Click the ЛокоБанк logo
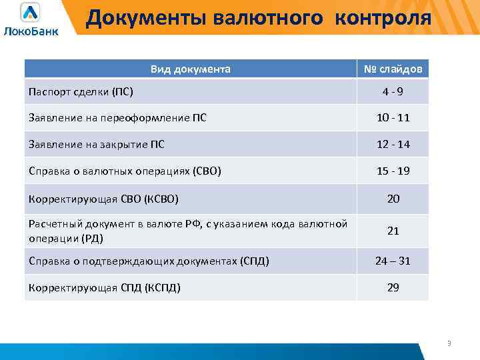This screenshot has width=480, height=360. coord(31,19)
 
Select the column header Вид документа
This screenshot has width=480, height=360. coord(191,69)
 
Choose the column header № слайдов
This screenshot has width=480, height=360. coord(393,69)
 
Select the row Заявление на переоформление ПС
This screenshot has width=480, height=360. coord(117,118)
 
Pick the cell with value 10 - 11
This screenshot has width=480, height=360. coord(393,118)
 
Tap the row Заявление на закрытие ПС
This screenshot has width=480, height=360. coord(97,144)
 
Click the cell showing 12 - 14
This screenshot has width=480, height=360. coord(393,144)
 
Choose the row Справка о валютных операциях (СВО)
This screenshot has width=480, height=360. coord(125,171)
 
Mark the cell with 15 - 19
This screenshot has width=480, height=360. coord(393,171)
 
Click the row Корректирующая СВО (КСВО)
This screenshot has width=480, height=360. coord(103,199)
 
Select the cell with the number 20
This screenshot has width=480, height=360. coord(393,199)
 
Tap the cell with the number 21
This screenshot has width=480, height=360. coord(393,231)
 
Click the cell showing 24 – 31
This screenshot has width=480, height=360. coord(393,261)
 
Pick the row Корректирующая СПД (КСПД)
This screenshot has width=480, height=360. coord(105,287)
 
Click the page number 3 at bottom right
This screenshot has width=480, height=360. coord(449,343)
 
